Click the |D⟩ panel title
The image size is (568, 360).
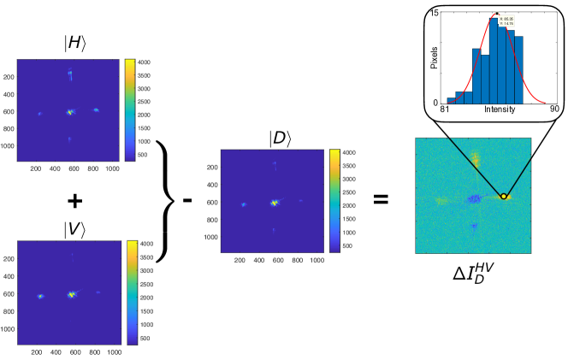(x=275, y=138)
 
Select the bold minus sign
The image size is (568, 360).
(x=187, y=200)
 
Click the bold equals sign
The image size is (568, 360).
(x=381, y=200)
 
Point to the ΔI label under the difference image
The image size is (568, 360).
(x=471, y=274)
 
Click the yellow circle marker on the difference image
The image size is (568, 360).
(x=504, y=197)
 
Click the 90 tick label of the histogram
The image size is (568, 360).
(x=553, y=109)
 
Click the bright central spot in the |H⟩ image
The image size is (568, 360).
(x=71, y=111)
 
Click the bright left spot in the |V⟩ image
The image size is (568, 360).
(x=39, y=296)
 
